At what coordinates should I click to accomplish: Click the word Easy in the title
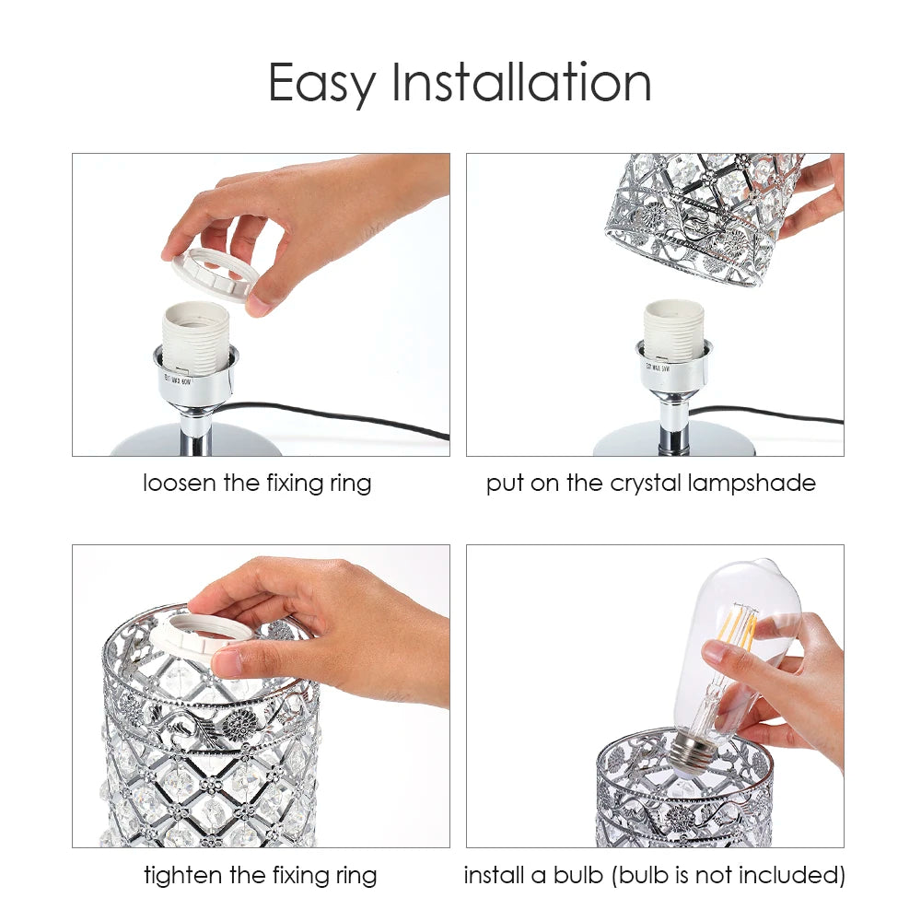pyautogui.click(x=322, y=84)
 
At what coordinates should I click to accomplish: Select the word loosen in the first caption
pyautogui.click(x=179, y=483)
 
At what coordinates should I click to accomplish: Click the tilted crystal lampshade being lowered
pyautogui.click(x=700, y=216)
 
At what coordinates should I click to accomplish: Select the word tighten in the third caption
pyautogui.click(x=181, y=874)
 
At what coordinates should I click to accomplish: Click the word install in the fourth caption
pyautogui.click(x=494, y=874)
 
